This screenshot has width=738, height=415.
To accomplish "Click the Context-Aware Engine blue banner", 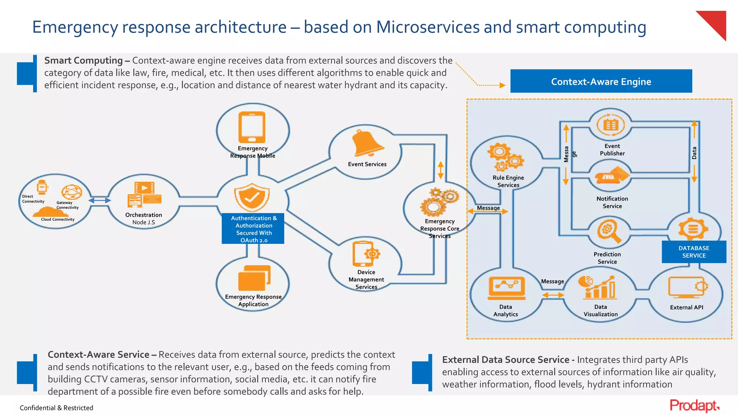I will point(601,81).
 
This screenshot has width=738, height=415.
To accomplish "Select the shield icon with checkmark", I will point(252,197).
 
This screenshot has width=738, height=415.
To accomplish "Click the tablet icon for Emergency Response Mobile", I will point(252,127).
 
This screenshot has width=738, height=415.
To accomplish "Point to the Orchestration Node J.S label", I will point(143,218).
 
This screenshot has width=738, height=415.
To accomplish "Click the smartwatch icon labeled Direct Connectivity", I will point(42,187).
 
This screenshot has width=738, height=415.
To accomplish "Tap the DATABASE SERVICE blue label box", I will point(694,252).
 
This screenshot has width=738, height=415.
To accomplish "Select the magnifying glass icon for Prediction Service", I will point(609,231).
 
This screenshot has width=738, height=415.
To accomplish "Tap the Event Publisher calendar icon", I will point(610,125).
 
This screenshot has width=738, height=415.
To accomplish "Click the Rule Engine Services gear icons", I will point(505,157).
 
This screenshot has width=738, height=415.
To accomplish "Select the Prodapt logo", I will point(694,406).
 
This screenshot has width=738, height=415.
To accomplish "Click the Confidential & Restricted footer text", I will point(57,408).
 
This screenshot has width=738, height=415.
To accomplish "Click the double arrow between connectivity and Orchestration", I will point(99,200).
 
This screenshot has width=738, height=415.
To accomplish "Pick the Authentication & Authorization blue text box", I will point(253,229).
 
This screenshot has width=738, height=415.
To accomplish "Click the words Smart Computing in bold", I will point(83,61).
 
